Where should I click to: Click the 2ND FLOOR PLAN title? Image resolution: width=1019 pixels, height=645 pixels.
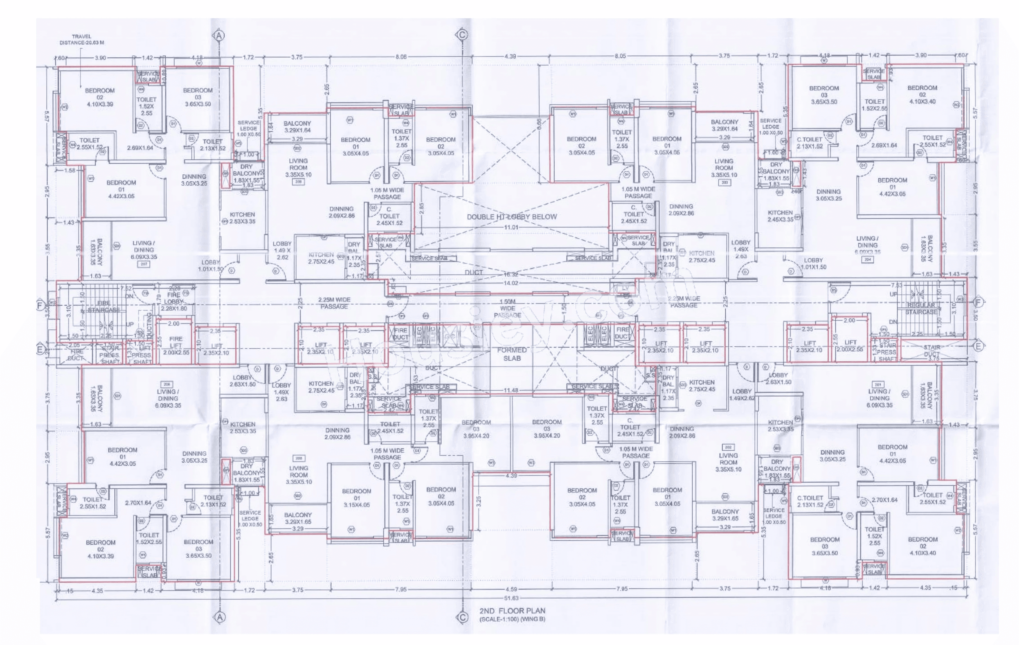[x=512, y=611]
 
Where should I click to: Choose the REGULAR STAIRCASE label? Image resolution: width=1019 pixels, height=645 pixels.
[x=921, y=308]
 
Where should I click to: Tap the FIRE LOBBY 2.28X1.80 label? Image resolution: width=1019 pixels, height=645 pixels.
[x=174, y=302]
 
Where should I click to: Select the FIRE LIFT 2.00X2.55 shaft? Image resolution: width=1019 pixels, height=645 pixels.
[x=176, y=345]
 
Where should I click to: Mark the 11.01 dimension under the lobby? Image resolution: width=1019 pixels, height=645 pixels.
[x=511, y=227]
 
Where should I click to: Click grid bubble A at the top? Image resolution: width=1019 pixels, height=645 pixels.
[x=219, y=36]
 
